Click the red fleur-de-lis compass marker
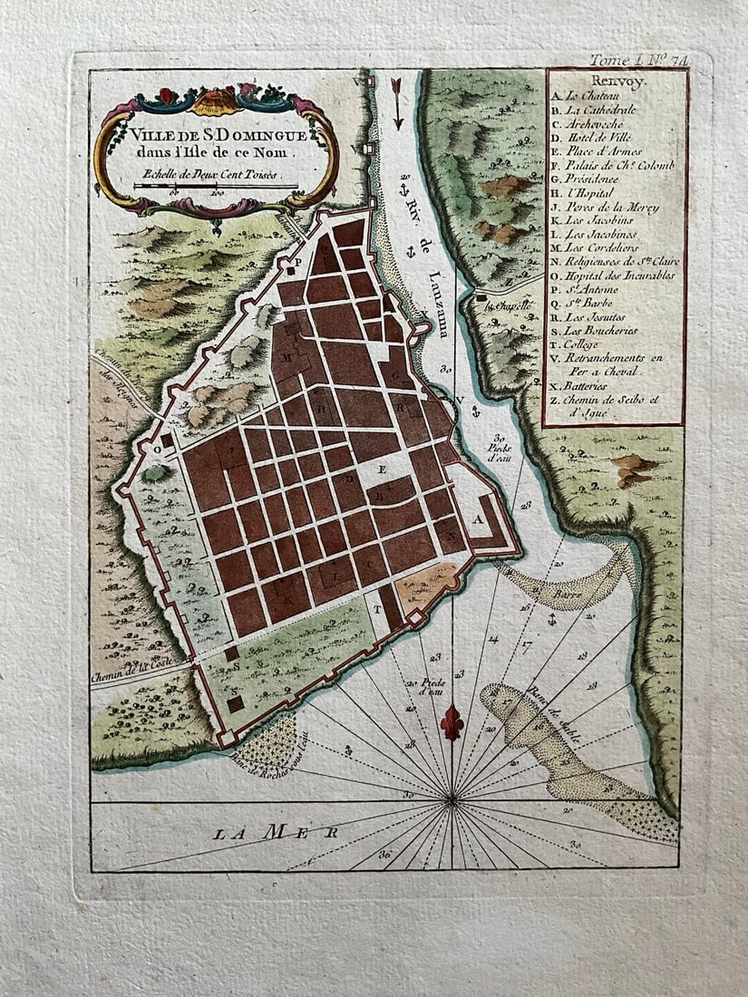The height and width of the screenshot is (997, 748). [452, 722]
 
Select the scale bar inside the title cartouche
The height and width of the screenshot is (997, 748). [216, 186]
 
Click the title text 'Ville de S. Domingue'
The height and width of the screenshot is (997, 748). [216, 135]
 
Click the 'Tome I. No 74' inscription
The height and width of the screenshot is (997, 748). [640, 60]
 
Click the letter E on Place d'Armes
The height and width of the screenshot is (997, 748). [382, 469]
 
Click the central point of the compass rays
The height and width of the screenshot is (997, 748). [452, 800]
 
